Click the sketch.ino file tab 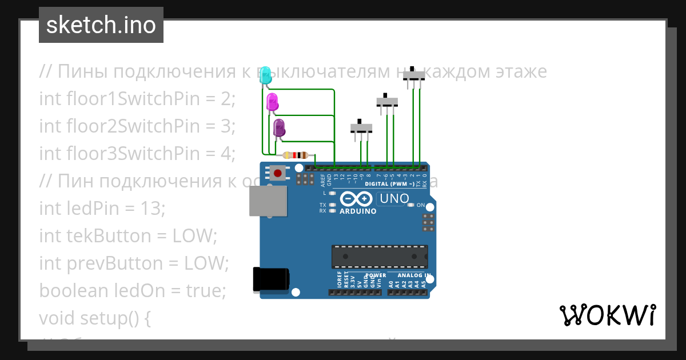click(x=101, y=25)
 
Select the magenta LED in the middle click(x=272, y=102)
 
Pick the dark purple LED click(x=279, y=128)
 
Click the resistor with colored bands click(x=296, y=155)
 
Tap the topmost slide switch click(x=414, y=75)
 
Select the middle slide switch click(x=387, y=102)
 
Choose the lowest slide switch click(x=361, y=127)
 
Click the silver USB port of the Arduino click(x=268, y=201)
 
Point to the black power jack click(x=270, y=280)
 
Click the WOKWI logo click(x=607, y=315)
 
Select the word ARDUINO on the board click(x=358, y=211)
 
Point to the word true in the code click(x=206, y=291)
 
